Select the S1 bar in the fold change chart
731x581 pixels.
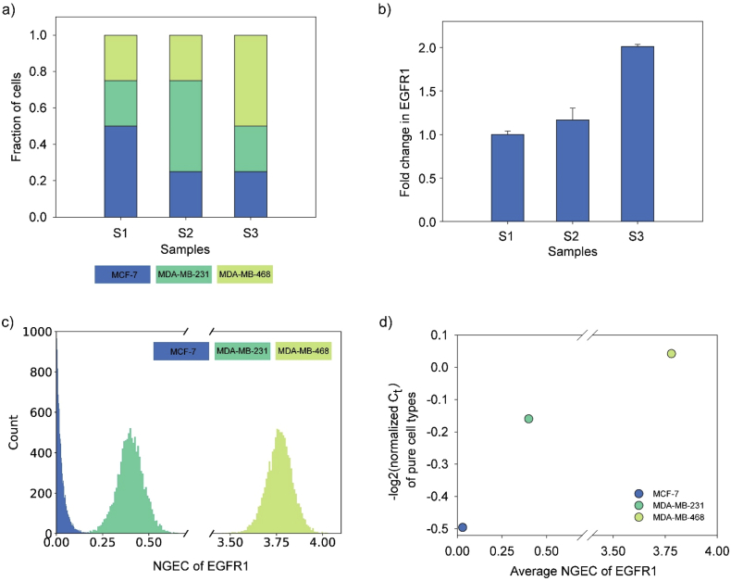[x=507, y=178]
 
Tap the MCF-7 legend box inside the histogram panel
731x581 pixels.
[x=182, y=350]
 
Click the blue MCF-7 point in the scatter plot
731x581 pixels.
[x=463, y=527]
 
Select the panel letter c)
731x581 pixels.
[x=9, y=322]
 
